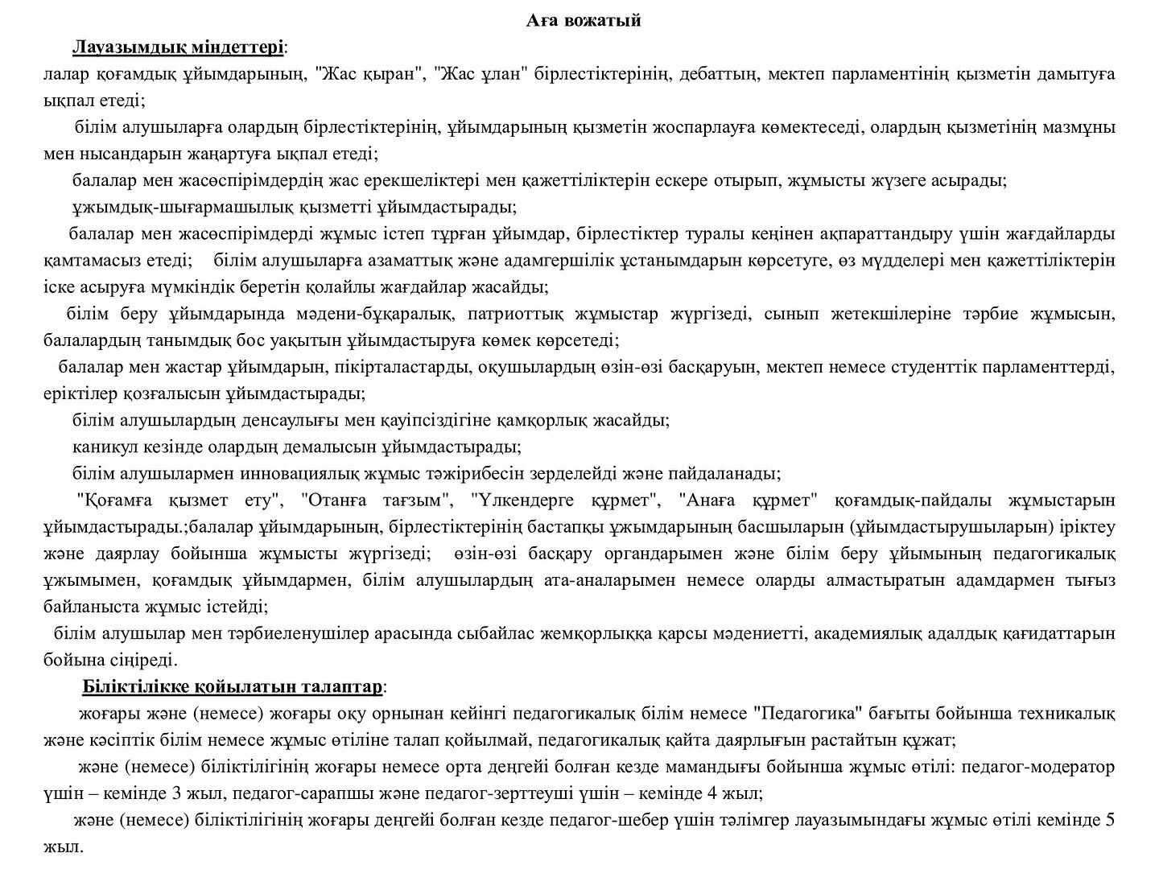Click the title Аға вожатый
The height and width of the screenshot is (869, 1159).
click(584, 21)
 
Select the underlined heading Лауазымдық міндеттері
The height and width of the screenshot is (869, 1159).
click(178, 47)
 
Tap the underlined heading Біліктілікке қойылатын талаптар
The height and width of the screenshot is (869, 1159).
click(233, 687)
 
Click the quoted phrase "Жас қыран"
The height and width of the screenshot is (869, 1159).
click(371, 74)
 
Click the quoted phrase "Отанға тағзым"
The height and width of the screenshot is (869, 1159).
click(376, 500)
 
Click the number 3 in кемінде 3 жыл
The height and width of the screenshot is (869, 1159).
click(176, 793)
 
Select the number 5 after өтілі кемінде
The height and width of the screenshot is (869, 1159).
click(1110, 821)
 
